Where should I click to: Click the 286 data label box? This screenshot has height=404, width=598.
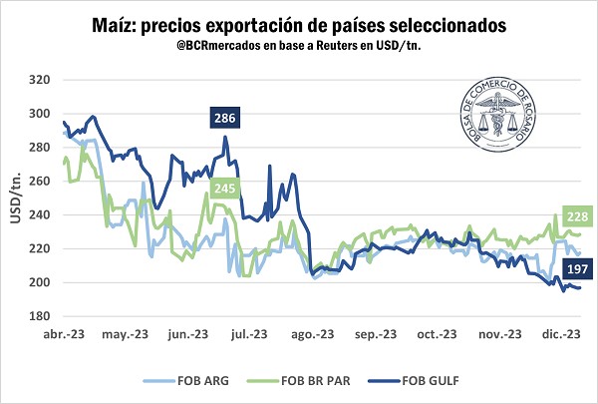[224, 120]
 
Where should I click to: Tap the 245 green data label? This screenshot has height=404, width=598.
[222, 187]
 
